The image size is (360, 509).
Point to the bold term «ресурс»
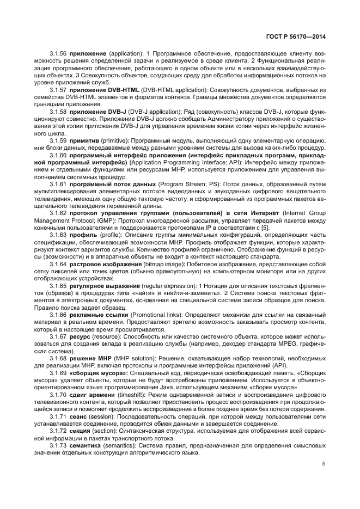pyautogui.click(x=81, y=336)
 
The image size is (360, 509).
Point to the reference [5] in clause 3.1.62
pyautogui.click(x=280, y=228)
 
